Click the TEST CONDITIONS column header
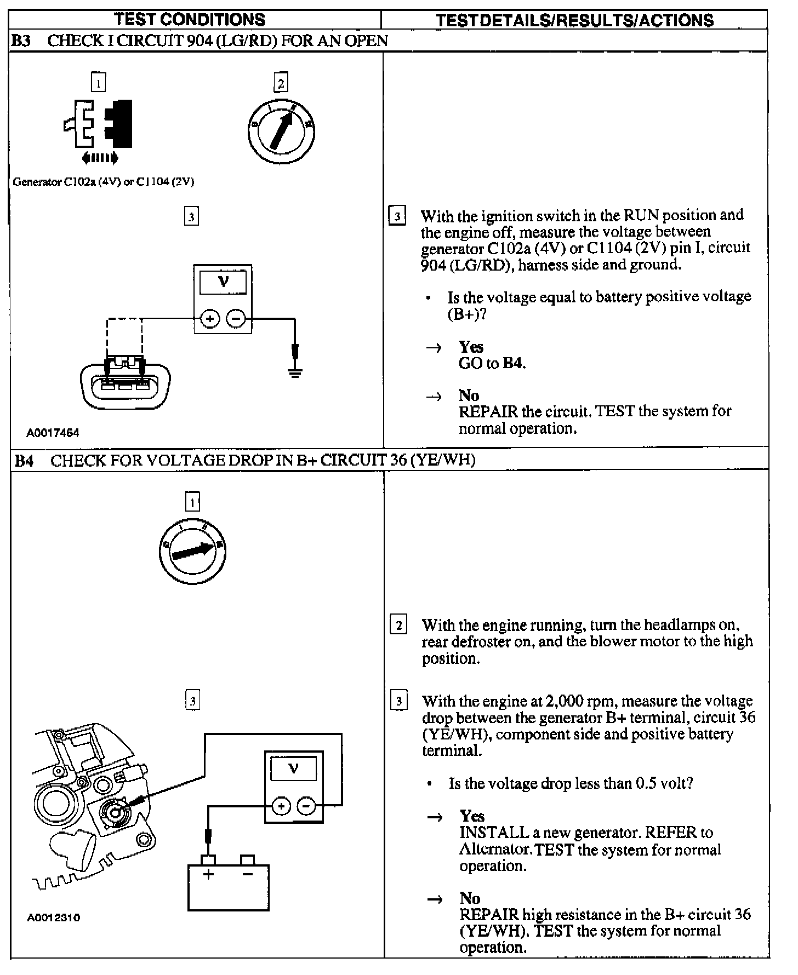pos(190,20)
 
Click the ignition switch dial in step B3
pos(281,131)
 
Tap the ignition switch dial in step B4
pos(192,550)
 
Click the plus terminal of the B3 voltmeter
pos(210,318)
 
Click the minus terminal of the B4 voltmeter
pos(306,806)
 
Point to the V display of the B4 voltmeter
pos(294,768)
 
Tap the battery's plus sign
pos(208,874)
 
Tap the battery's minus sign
pos(248,874)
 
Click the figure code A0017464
pos(53,433)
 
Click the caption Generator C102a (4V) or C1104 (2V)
pos(104,182)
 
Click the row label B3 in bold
pos(21,41)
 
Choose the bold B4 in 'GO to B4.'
pos(514,363)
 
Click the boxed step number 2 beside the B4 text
pos(398,625)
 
